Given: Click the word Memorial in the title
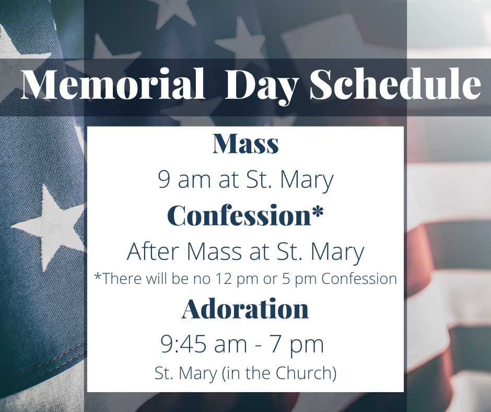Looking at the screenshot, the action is (x=113, y=84).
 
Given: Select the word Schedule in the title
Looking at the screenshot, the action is (x=395, y=84).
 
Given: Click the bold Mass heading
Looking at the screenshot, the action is (x=245, y=144).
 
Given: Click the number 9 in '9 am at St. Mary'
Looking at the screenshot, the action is (x=164, y=179).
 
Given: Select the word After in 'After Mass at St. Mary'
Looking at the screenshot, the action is (x=153, y=251).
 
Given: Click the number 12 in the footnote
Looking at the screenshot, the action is (x=220, y=279).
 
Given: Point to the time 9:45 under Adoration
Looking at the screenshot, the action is (x=183, y=344).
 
